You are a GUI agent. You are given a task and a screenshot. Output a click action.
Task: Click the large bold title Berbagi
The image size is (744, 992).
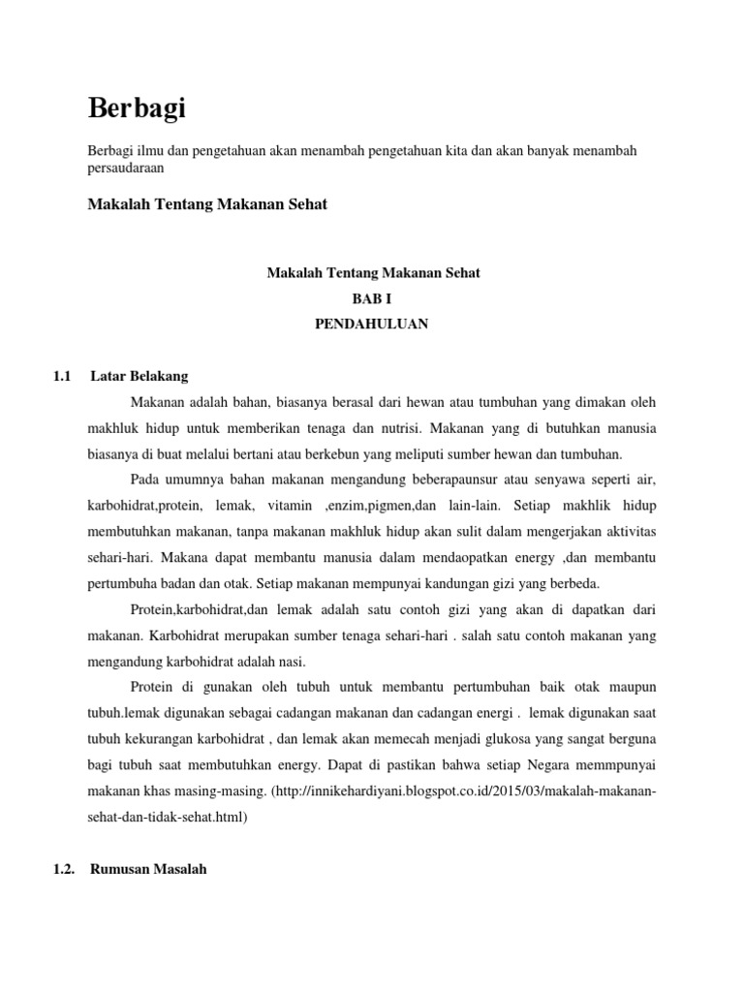[137, 109]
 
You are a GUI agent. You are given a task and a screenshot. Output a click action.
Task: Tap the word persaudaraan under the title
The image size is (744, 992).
[125, 168]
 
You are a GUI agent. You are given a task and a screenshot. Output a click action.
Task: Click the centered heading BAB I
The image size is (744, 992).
[373, 299]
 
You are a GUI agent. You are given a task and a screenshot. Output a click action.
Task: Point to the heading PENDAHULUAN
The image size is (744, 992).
[372, 325]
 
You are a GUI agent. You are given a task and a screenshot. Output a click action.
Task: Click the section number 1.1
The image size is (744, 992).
[63, 375]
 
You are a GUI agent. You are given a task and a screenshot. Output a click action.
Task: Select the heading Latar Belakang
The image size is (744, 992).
[139, 375]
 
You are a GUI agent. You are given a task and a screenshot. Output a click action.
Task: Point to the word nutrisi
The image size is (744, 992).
[393, 427]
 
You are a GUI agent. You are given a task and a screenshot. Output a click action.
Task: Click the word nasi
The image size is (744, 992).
[290, 662]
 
